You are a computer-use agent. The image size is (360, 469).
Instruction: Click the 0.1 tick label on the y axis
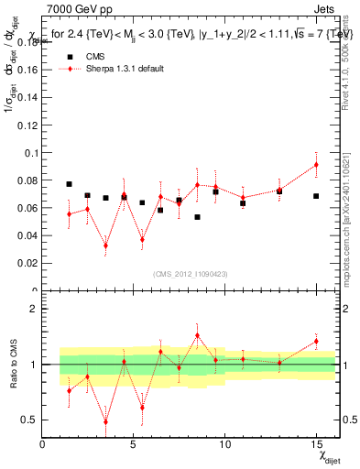point(31,153)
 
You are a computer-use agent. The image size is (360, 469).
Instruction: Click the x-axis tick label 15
point(316,444)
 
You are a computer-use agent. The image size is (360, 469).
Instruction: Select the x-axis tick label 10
point(224,444)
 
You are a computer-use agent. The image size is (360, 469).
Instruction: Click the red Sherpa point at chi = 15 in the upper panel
point(316,165)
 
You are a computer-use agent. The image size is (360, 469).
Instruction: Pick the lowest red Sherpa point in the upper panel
point(105,245)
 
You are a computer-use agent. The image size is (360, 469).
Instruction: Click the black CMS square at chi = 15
point(316,196)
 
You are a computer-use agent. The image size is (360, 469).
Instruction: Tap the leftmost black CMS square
point(69,184)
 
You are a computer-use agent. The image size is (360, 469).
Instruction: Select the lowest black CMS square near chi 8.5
point(197,217)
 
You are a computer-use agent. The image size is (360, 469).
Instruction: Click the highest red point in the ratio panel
point(197,335)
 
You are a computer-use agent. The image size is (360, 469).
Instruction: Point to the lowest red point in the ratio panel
point(105,422)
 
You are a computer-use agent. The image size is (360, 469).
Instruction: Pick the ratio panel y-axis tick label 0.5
point(30,420)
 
